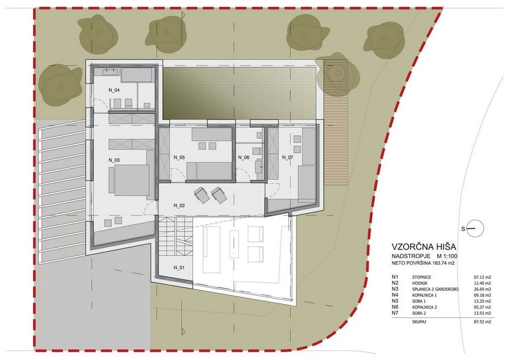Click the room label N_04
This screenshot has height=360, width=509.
point(114,91)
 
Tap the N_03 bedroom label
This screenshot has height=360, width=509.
point(115,159)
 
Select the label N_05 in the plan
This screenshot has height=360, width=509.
point(178,157)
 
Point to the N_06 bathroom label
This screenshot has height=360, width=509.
point(244,157)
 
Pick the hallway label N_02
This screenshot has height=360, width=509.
point(178,206)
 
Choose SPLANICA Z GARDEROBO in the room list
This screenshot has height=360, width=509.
point(440,289)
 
